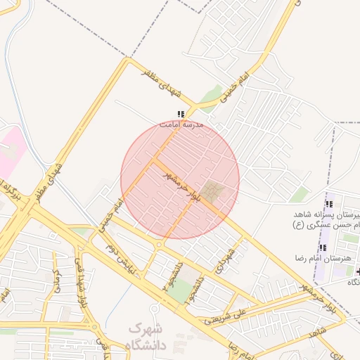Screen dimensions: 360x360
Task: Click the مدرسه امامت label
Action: (181, 124)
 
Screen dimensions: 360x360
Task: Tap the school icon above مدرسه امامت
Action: (181, 114)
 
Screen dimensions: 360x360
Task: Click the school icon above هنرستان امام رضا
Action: (323, 247)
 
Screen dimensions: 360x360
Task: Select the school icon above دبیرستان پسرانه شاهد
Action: (328, 202)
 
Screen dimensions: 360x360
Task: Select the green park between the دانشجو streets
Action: (182, 289)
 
